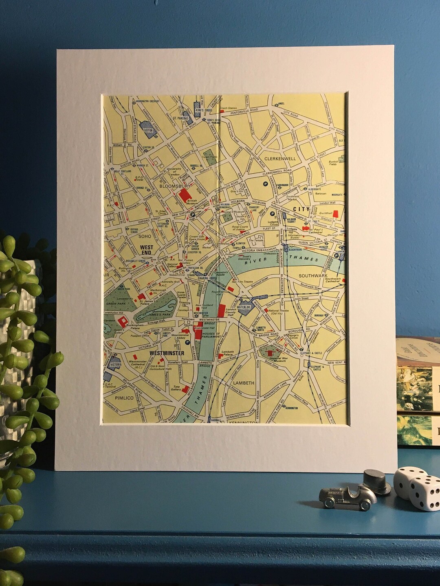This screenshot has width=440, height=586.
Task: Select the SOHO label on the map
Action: (x=145, y=236)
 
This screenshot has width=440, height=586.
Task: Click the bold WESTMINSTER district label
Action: (x=167, y=353)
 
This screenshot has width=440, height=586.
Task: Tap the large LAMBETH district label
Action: (x=243, y=383)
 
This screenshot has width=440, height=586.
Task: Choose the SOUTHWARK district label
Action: (x=313, y=276)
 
